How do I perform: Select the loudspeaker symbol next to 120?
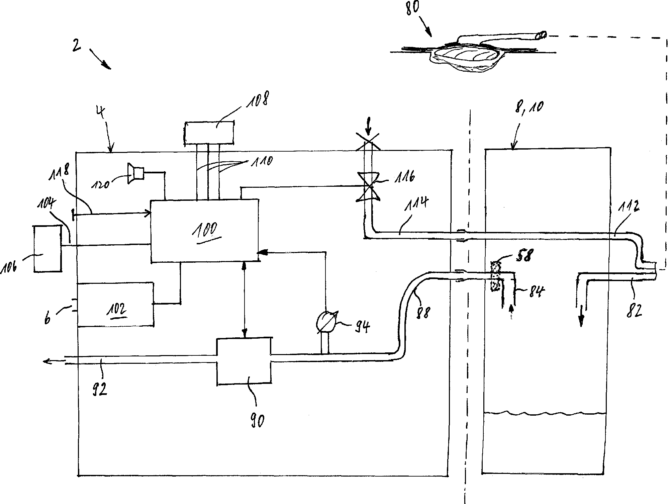pos(135,173)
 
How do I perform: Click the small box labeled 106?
pos(47,248)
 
